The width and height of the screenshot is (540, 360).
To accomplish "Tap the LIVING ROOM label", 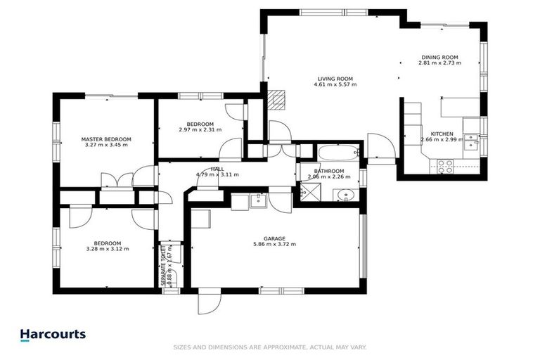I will tap(335, 79).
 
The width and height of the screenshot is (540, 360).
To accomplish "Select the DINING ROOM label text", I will tap(439, 57).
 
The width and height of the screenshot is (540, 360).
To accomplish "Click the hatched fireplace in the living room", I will tap(279, 100).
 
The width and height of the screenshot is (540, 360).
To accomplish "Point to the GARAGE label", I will tap(274, 238).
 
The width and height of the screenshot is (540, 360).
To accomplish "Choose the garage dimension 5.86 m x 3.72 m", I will tap(274, 245).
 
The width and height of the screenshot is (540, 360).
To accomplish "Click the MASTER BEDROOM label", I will tap(106, 139).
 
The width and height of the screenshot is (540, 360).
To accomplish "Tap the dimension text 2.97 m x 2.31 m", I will tap(200, 129).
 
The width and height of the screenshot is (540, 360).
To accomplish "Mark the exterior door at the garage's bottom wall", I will tap(207, 303).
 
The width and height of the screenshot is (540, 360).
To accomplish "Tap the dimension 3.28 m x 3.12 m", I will tap(108, 248).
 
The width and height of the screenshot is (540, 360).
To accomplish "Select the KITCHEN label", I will tap(442, 134).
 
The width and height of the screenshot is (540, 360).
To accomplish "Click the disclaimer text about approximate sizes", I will tap(269, 347).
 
